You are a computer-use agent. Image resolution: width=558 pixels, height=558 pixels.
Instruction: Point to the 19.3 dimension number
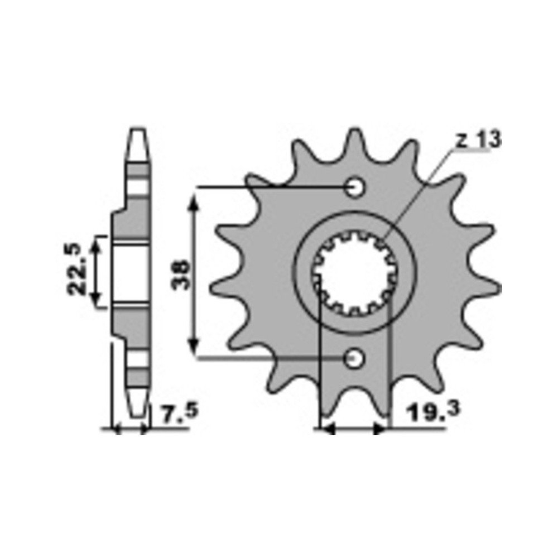[x=433, y=412]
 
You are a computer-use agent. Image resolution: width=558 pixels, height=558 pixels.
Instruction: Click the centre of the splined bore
[x=355, y=273]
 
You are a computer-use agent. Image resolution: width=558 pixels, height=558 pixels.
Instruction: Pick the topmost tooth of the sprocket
[x=354, y=142]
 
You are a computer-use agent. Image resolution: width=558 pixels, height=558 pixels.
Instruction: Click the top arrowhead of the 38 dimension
[x=193, y=201]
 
